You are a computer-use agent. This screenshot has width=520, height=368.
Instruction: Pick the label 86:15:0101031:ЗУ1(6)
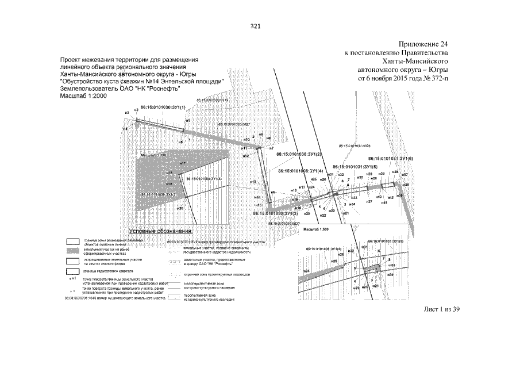tap(391, 158)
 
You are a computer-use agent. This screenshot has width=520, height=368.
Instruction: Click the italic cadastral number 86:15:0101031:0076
tap(354, 147)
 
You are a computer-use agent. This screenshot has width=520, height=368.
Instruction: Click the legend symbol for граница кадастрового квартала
tap(72, 271)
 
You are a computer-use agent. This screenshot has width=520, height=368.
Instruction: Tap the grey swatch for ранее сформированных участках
tap(72, 251)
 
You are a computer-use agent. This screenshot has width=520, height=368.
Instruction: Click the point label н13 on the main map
tap(253, 182)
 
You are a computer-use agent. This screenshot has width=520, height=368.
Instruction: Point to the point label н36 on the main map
tap(405, 185)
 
